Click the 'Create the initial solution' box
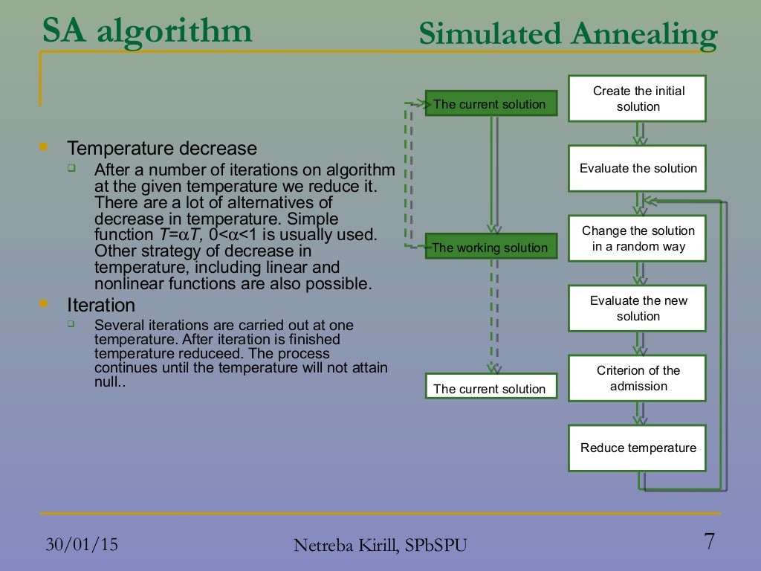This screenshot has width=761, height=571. [x=637, y=98]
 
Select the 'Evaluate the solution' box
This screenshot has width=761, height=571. [x=637, y=168]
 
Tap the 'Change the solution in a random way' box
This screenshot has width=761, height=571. [x=637, y=238]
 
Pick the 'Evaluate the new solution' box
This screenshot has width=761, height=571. [x=637, y=308]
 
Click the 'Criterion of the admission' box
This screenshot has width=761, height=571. [x=637, y=378]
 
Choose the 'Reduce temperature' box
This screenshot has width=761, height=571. [x=637, y=448]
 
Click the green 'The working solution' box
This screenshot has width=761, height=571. [x=490, y=248]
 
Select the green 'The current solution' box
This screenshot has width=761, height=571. [x=490, y=104]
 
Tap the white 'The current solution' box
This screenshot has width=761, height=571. [x=490, y=388]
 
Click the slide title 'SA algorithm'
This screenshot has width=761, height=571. [x=147, y=31]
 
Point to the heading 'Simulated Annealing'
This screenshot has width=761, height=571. [x=568, y=34]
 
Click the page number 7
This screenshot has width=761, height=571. [x=709, y=542]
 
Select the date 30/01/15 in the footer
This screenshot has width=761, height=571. [x=82, y=544]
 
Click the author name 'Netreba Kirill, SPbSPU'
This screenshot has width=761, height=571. [x=380, y=546]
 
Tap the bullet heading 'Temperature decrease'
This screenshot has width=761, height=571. [x=162, y=148]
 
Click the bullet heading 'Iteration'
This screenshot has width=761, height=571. [x=101, y=305]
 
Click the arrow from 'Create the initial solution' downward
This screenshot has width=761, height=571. [x=639, y=133]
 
